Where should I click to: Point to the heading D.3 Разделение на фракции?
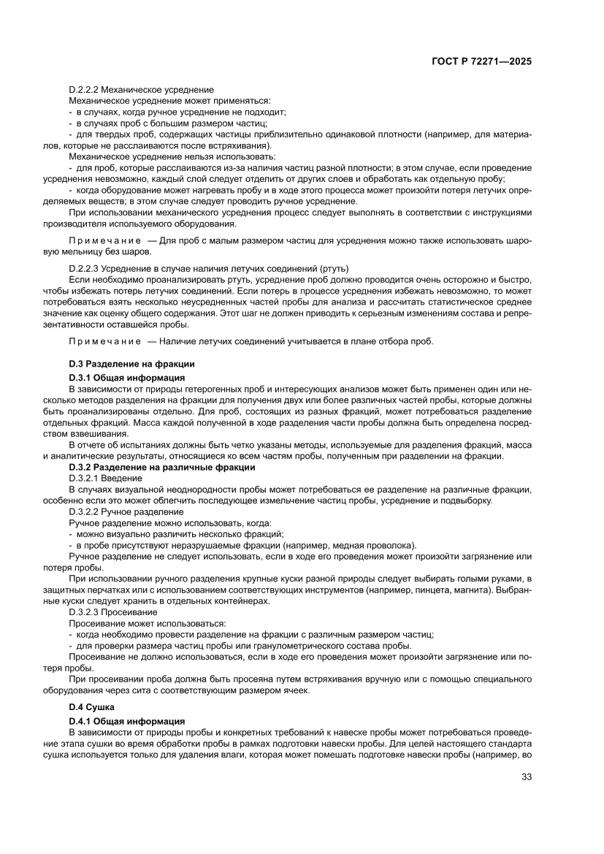131,364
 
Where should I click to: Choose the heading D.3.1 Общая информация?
126,378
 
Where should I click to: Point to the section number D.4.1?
80,721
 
